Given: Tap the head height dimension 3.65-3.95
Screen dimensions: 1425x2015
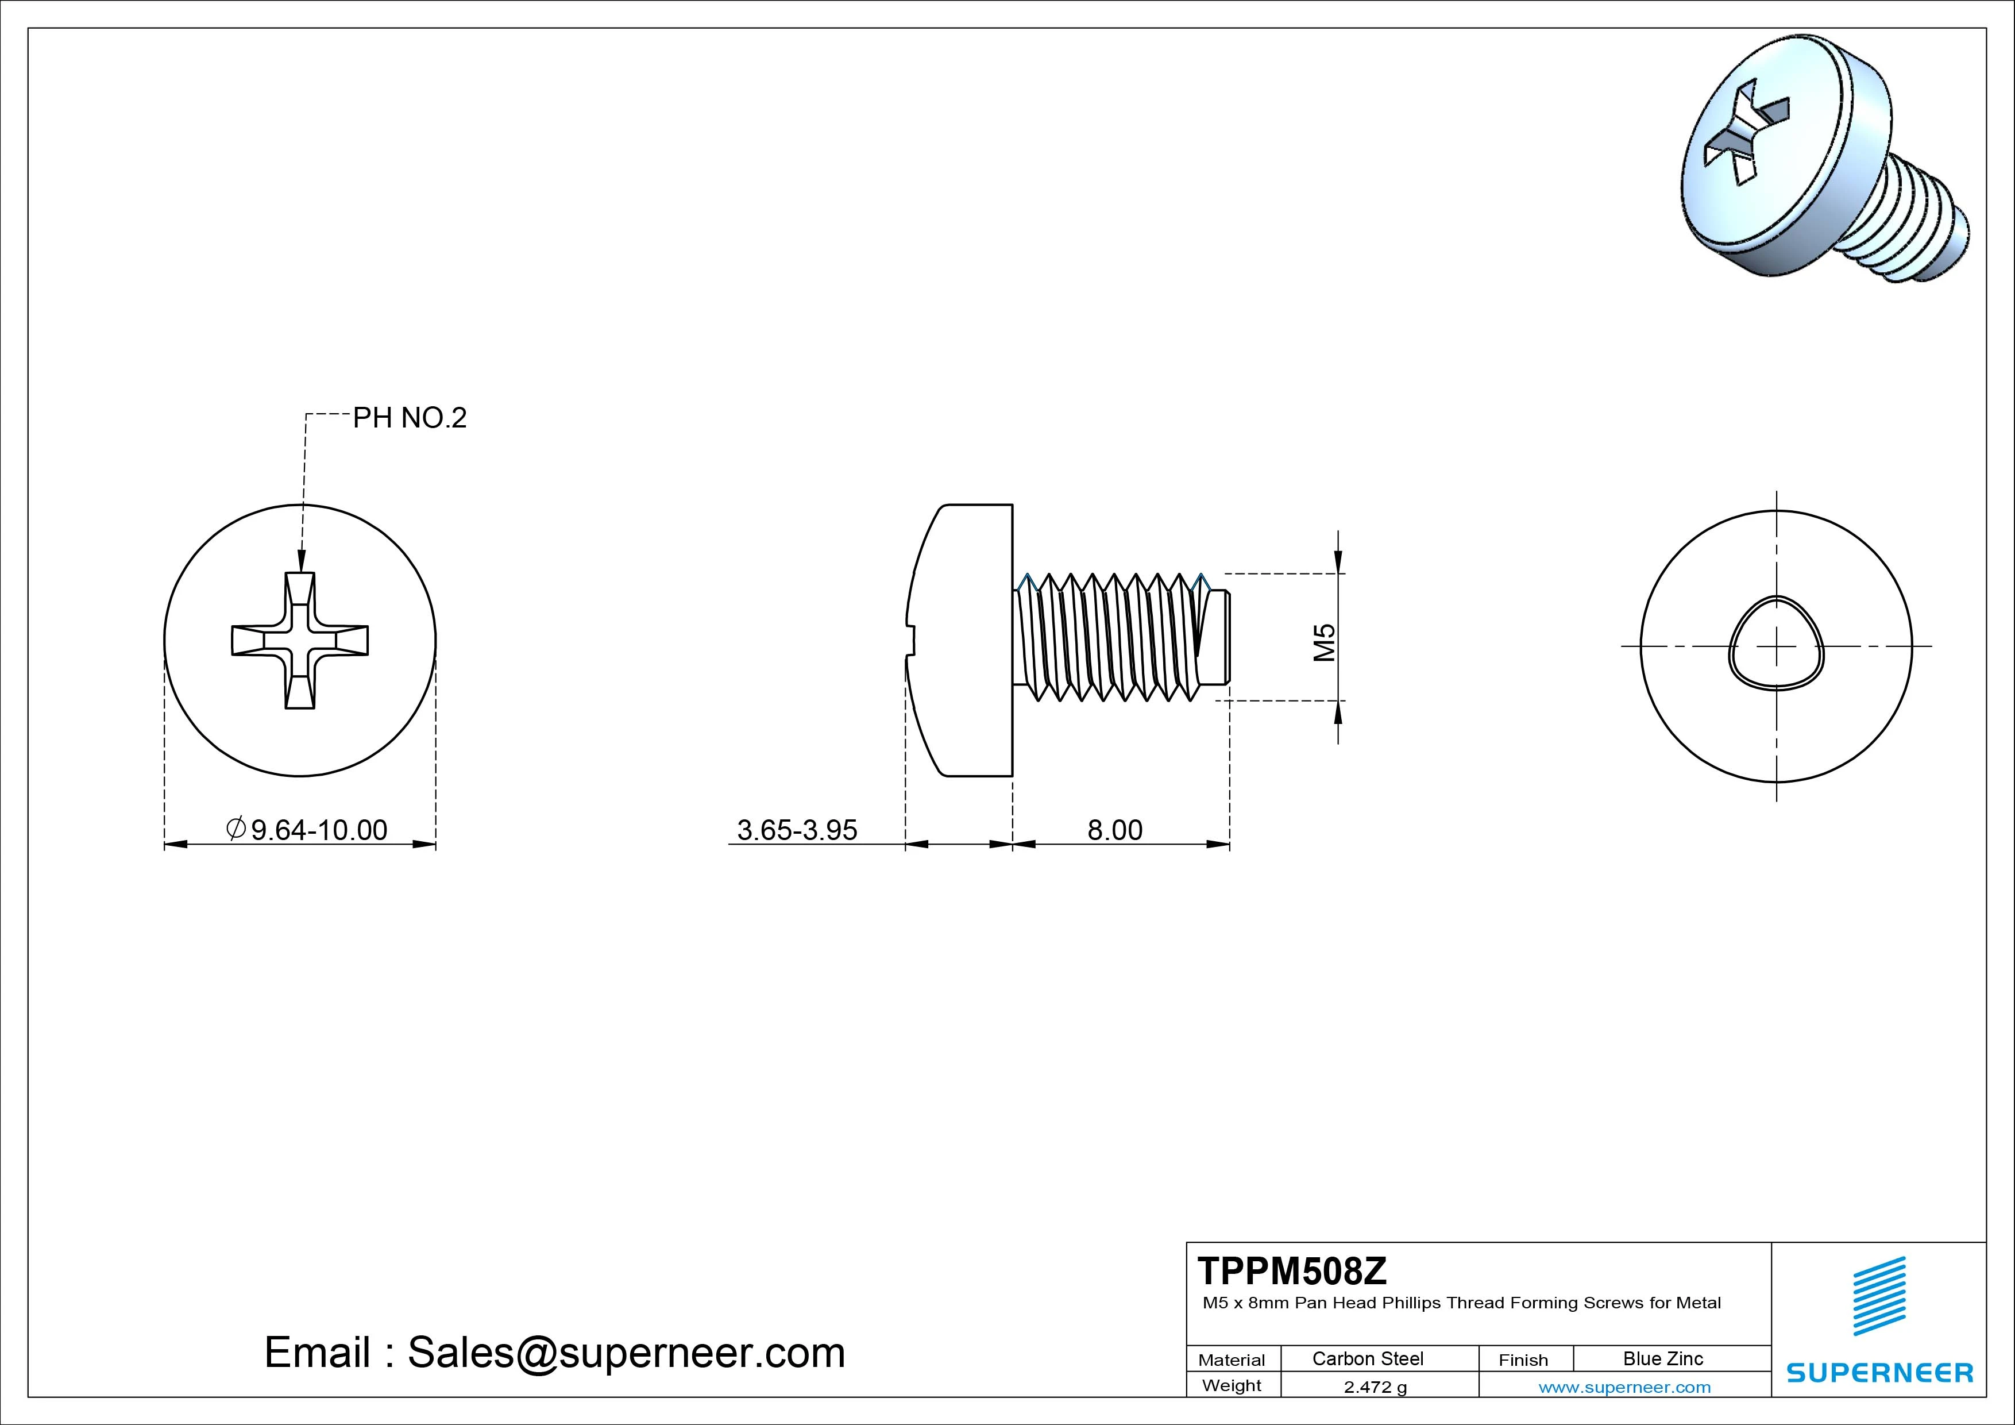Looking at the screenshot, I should (x=796, y=830).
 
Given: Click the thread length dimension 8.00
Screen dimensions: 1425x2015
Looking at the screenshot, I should (x=1114, y=830).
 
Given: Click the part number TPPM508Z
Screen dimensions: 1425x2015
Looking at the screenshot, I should (x=1292, y=1270).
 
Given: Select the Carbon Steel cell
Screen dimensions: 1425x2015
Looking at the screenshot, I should (x=1367, y=1358).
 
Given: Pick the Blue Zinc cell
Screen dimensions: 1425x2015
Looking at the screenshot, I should (x=1662, y=1358).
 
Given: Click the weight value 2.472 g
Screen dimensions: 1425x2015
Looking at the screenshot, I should (x=1375, y=1387).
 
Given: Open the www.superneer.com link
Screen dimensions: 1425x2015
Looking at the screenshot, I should (x=1624, y=1387).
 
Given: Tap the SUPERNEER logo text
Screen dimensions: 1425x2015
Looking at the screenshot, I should (x=1880, y=1372).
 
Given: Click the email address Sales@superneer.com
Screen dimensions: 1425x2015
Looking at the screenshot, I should (x=626, y=1352).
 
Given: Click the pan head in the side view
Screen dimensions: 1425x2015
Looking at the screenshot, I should (x=966, y=640).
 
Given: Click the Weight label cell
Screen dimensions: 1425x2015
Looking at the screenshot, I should (x=1232, y=1385).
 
